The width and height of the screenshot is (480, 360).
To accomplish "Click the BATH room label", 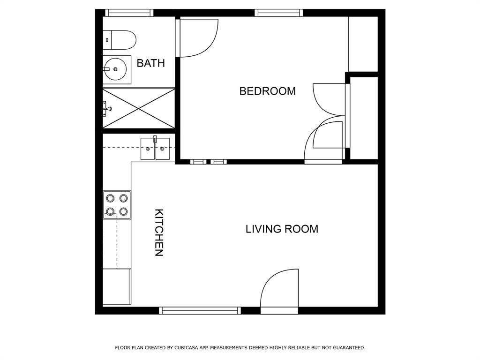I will click(x=150, y=63).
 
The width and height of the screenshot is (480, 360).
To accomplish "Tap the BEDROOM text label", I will click(x=267, y=91).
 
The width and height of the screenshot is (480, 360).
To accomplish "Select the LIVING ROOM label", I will click(x=282, y=229).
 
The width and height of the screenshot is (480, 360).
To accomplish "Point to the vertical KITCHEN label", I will click(x=159, y=232).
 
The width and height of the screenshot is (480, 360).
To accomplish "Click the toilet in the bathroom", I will click(x=120, y=40).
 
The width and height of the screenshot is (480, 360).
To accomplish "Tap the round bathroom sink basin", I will click(x=115, y=69).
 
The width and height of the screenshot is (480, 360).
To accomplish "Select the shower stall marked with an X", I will click(x=139, y=108).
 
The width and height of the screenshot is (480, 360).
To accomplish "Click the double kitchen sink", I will click(x=155, y=149).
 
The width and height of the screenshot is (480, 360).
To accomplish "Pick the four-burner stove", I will click(x=117, y=205).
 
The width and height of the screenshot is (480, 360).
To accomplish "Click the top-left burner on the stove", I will click(x=110, y=198).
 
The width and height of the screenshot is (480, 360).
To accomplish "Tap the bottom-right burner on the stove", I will click(x=124, y=211).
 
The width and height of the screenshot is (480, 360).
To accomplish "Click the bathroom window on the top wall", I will click(x=129, y=13).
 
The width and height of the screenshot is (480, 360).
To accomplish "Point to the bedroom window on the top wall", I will click(x=278, y=13).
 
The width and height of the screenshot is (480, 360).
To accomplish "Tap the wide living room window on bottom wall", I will click(x=200, y=310).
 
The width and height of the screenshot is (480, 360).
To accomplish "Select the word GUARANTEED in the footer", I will click(x=348, y=348).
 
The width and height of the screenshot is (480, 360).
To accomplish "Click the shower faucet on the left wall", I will click(x=107, y=109).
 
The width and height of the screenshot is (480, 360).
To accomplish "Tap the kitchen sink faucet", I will click(x=155, y=139).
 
